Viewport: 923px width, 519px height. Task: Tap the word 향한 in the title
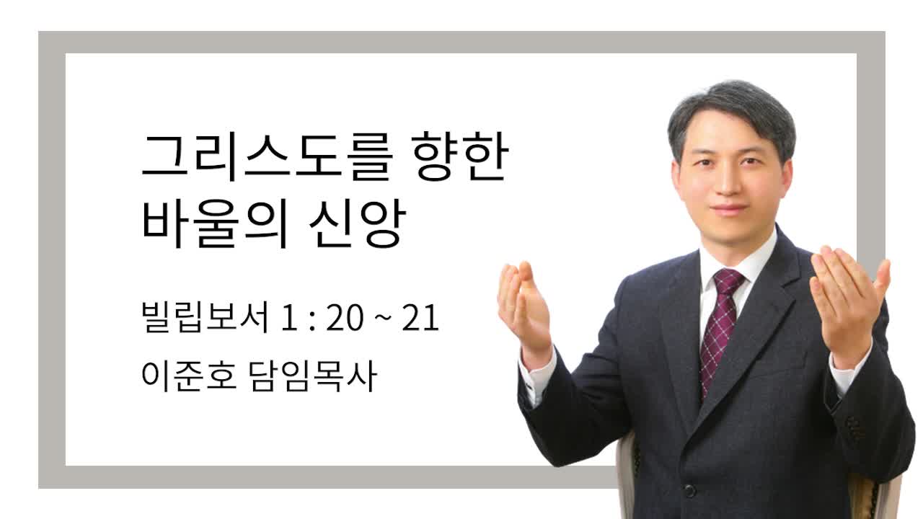coord(460,156)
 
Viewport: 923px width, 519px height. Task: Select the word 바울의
coord(213,223)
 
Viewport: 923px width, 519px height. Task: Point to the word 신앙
coord(357,223)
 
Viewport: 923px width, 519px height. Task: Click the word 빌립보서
coord(205,317)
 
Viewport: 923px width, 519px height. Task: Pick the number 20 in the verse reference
coord(345,318)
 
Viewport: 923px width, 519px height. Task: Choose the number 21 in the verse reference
coord(420,318)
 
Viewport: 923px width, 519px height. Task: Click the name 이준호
coord(189,376)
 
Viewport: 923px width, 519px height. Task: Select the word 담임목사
coord(313,376)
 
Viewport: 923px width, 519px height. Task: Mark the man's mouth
coord(728,210)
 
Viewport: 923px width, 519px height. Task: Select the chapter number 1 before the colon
coord(289,318)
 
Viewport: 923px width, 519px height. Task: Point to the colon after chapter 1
coord(312,321)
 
